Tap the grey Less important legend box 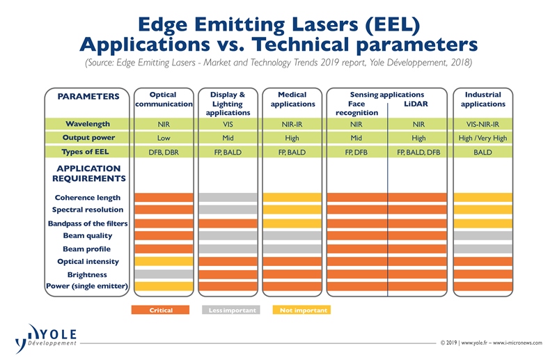tap(230, 310)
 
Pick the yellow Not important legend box tap(301, 310)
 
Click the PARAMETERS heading tap(88, 96)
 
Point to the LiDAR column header tap(417, 104)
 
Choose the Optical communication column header tap(163, 99)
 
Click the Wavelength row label tap(88, 123)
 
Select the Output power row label tap(88, 137)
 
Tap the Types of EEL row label tap(88, 152)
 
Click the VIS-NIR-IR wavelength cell tap(483, 124)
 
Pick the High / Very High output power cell tap(483, 138)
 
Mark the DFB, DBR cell tap(163, 152)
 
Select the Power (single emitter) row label tap(88, 286)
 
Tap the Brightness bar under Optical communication tap(163, 274)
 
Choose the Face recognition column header tap(356, 108)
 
